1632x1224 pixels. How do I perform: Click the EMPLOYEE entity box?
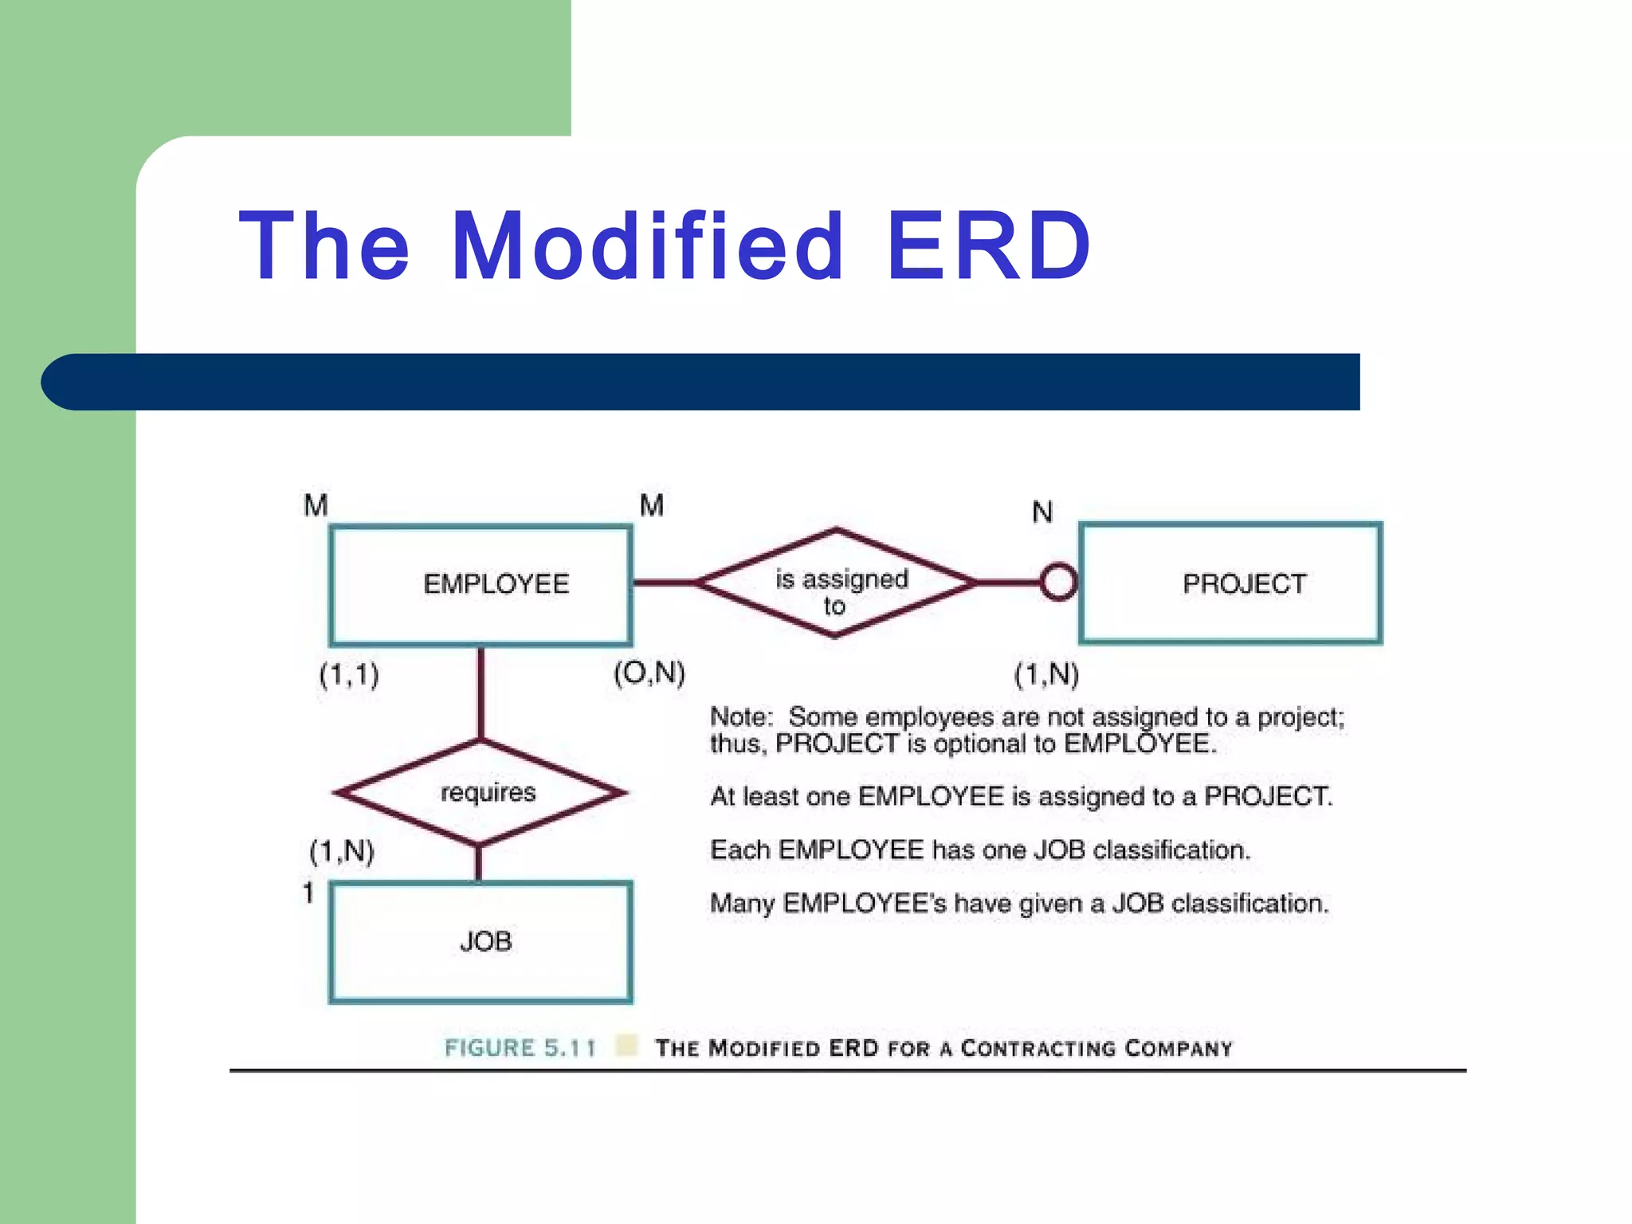481,585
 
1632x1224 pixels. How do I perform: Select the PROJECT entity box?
1230,583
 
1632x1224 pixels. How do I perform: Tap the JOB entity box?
481,941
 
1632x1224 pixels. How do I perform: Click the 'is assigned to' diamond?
837,583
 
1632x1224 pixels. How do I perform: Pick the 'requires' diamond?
481,792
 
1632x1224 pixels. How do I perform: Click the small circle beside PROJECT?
1059,583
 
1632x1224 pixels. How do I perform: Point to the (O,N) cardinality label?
649,673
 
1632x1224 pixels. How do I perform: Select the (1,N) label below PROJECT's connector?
1046,675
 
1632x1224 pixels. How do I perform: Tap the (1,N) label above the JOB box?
342,851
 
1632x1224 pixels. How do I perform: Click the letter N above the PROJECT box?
1042,512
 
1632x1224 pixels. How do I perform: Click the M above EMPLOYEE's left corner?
316,505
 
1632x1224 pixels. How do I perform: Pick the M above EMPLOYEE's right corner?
652,505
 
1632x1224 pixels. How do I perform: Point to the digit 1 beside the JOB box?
308,892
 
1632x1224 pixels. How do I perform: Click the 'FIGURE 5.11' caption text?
520,1047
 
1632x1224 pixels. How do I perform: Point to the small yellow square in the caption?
627,1045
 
